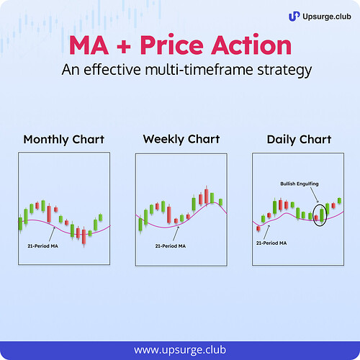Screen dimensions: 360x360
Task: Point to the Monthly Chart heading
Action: click(63, 139)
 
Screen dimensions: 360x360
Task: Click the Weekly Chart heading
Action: click(181, 139)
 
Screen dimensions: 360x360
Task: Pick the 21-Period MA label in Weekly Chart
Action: click(171, 246)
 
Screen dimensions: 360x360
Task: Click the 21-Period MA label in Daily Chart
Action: click(271, 243)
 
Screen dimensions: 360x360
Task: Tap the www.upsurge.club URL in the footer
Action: click(179, 349)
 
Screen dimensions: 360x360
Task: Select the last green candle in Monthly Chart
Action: click(99, 217)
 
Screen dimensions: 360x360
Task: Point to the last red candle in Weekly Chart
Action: click(212, 197)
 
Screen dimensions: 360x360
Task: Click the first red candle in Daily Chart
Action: click(258, 227)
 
